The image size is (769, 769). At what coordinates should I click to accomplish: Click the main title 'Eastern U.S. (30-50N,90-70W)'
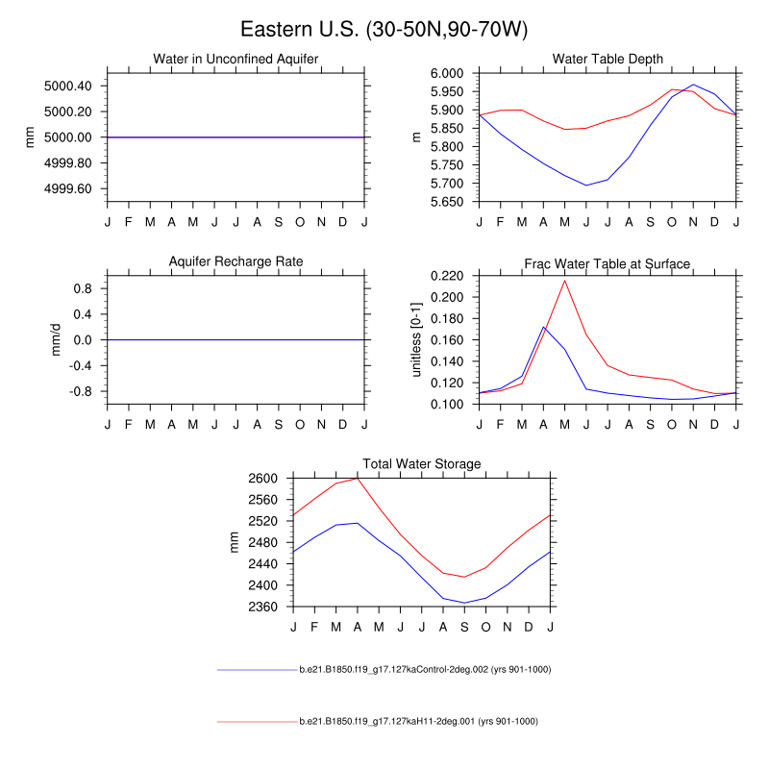(384, 30)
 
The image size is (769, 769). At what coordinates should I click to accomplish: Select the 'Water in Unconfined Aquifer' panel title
(236, 60)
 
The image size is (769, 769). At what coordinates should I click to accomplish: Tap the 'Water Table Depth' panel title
(608, 60)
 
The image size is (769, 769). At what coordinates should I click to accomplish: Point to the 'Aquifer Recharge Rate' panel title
(236, 261)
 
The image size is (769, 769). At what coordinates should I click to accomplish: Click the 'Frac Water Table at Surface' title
(608, 263)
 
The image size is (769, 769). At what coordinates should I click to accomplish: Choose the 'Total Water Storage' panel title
(421, 464)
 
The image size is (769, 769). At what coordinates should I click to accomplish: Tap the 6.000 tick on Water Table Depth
(447, 73)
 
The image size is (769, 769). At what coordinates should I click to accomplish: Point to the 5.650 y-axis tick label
(447, 202)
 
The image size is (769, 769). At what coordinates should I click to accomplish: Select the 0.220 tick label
(447, 276)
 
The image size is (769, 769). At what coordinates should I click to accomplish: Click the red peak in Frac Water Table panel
(565, 280)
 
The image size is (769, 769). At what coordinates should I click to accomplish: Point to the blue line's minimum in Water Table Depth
(586, 186)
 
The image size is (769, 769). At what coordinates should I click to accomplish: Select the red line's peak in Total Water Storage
(358, 478)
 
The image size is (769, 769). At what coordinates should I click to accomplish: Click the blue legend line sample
(257, 669)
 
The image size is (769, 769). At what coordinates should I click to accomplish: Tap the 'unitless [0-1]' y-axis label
(417, 339)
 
